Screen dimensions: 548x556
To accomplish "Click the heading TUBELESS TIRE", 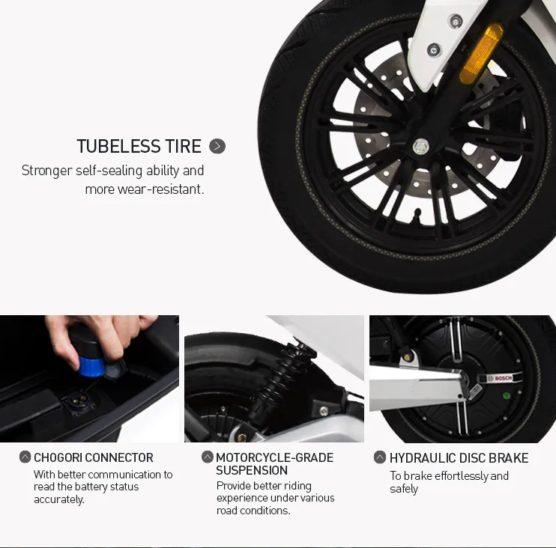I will (139, 146).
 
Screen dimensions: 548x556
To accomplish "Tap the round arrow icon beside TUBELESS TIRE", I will (217, 146).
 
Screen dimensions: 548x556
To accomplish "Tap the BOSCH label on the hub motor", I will (503, 379).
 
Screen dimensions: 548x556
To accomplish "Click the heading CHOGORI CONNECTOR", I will (93, 457).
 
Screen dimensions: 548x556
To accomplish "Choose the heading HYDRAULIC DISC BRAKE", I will (459, 457).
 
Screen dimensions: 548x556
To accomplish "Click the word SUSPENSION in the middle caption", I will (252, 470).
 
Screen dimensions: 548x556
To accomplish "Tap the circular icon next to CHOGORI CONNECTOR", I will (25, 457).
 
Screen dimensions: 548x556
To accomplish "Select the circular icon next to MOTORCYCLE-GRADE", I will (208, 457).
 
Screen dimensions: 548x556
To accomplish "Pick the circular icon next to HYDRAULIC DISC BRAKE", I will (380, 457).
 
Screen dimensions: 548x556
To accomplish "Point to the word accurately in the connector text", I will (58, 499).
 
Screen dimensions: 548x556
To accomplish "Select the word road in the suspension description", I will (227, 511).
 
